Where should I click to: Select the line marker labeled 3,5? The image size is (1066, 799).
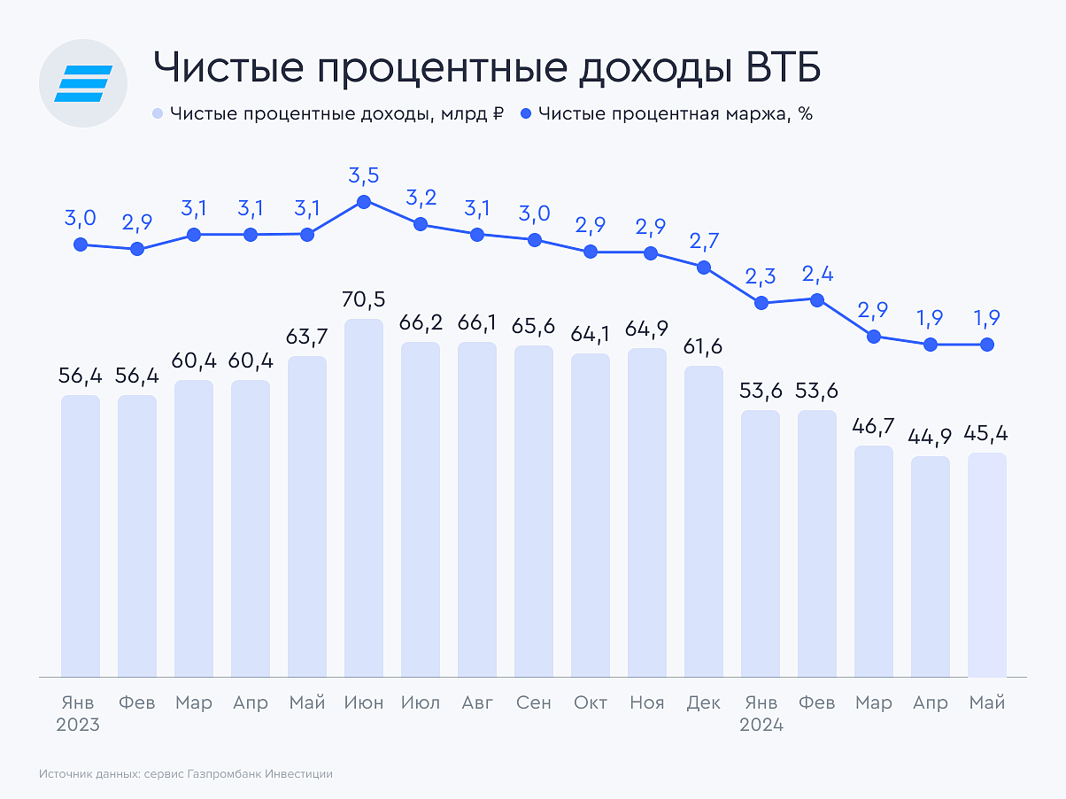tap(364, 202)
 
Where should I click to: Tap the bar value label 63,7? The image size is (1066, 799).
tap(307, 337)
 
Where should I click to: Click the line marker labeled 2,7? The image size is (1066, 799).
tap(704, 267)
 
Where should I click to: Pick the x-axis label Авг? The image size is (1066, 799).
tap(477, 702)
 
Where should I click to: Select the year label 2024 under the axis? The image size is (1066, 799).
tap(761, 725)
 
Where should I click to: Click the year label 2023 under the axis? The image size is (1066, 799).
tap(78, 725)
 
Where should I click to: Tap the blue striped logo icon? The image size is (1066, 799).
tap(83, 83)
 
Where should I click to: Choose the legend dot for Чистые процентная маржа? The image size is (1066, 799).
tap(527, 114)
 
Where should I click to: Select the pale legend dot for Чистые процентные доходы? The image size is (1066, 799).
tap(158, 114)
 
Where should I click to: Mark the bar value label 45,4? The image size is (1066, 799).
tap(987, 434)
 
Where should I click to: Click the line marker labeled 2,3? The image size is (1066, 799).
tap(761, 303)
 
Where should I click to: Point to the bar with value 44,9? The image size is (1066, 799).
tap(931, 567)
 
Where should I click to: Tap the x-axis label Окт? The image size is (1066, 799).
tap(591, 702)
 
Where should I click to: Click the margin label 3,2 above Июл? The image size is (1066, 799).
tap(421, 198)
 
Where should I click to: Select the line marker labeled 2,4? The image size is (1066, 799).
tap(817, 299)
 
